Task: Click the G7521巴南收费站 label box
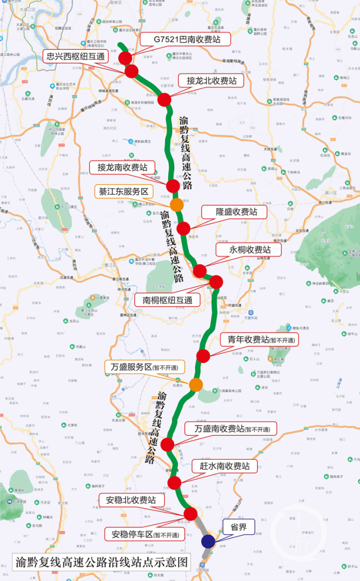point(187,39)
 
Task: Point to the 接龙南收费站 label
point(122,167)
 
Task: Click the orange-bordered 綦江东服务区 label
point(123,191)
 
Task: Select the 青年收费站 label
point(258,339)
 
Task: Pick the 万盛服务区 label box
point(144,367)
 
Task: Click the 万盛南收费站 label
point(231,429)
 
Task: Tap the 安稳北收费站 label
point(131,500)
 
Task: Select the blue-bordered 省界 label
point(239,528)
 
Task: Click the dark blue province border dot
point(208,541)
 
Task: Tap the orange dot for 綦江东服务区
point(177,204)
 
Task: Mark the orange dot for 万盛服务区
point(196,385)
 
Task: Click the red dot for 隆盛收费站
point(184,228)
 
